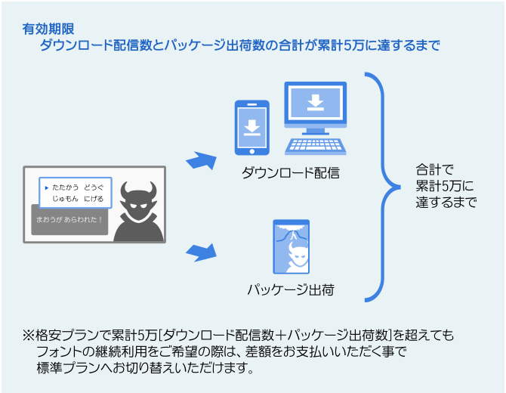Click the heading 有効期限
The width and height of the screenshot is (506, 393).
[48, 29]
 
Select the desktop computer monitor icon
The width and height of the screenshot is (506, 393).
[316, 105]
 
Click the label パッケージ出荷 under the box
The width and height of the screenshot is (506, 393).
[291, 289]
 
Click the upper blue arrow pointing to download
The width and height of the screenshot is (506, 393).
[200, 160]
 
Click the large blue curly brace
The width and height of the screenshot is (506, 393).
[381, 186]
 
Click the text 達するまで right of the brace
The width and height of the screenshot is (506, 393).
[446, 203]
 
